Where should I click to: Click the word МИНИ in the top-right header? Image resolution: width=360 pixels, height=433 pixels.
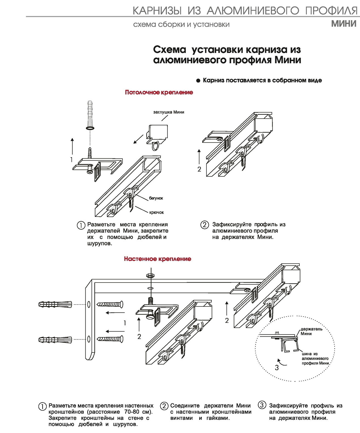[344, 24]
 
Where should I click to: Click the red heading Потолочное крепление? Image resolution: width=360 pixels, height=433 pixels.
[159, 92]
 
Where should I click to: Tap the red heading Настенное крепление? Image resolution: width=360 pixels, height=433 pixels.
[157, 259]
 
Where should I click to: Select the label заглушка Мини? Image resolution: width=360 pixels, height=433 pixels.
[168, 112]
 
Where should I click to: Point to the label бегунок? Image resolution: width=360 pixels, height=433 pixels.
[156, 198]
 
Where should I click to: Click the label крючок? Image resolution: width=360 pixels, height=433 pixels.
[156, 212]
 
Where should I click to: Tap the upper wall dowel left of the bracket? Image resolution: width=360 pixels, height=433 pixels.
[55, 304]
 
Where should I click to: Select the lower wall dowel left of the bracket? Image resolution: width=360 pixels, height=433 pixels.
[55, 340]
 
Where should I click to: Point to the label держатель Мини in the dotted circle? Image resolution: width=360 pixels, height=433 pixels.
[311, 331]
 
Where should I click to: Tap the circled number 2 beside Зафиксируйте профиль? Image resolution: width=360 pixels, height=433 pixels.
[204, 225]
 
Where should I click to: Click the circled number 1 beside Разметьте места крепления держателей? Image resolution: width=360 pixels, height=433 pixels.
[81, 225]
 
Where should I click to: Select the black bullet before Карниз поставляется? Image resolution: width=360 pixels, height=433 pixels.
[198, 81]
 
